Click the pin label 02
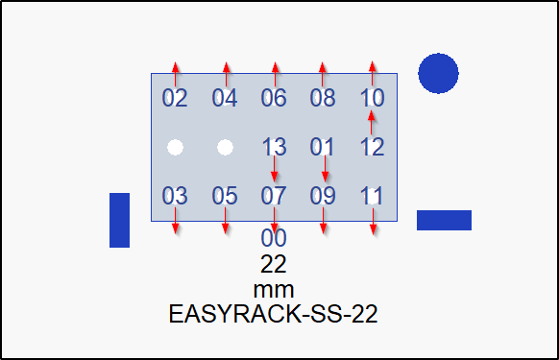click(x=175, y=98)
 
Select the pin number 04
click(x=225, y=98)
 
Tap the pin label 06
click(x=274, y=98)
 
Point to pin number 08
click(x=323, y=98)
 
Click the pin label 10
click(x=373, y=98)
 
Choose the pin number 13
click(x=274, y=147)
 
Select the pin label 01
click(x=323, y=147)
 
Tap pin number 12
click(x=373, y=147)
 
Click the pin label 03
click(x=175, y=196)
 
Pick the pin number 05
click(x=225, y=196)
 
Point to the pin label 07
click(x=274, y=196)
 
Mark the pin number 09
click(x=323, y=196)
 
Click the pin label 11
click(x=373, y=196)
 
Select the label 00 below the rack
click(x=274, y=238)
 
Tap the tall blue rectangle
click(x=119, y=220)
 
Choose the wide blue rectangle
click(x=444, y=220)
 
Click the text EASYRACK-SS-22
click(x=274, y=314)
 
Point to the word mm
click(x=274, y=289)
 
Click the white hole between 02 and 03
click(x=175, y=147)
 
